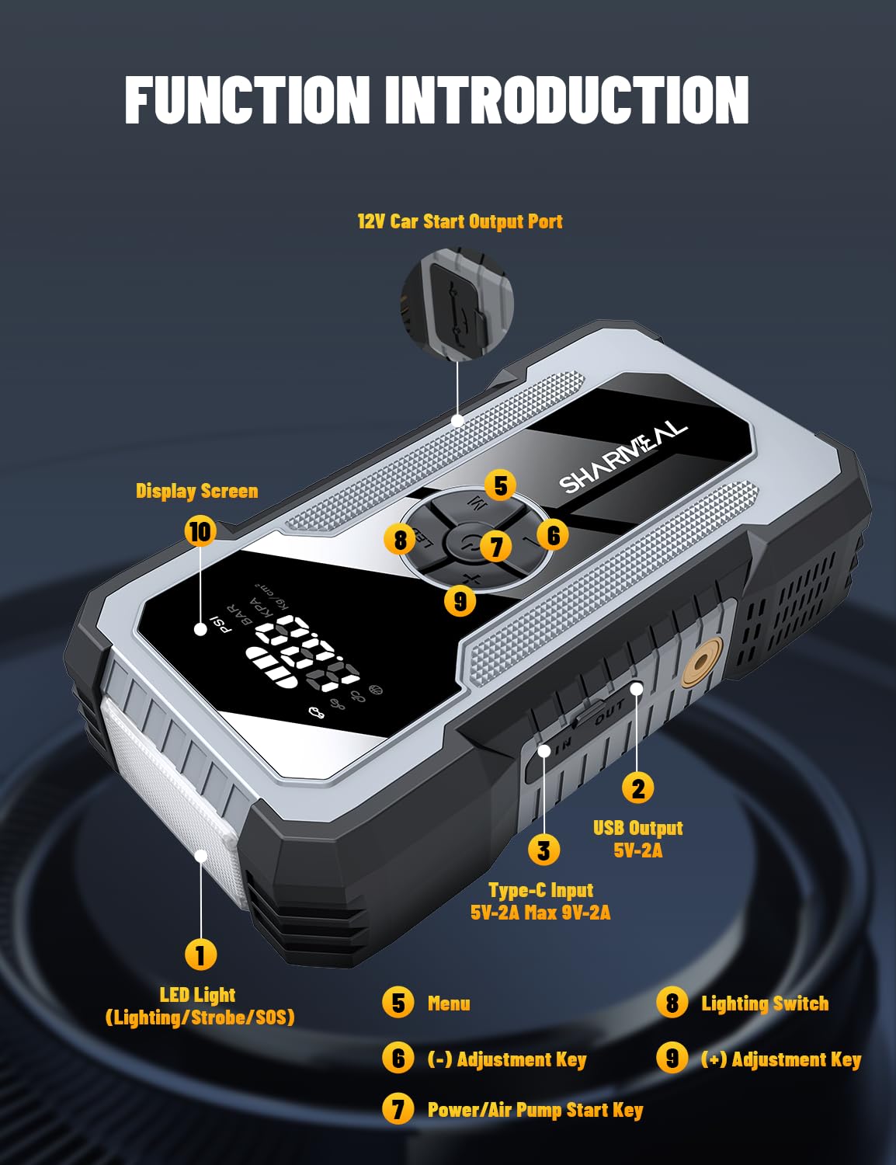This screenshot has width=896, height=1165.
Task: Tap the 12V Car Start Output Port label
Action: pyautogui.click(x=460, y=221)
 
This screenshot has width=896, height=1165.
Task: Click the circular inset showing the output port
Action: pyautogui.click(x=457, y=304)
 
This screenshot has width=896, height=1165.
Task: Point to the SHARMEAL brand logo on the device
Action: pyautogui.click(x=623, y=458)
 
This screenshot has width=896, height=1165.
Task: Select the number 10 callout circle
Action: pyautogui.click(x=200, y=531)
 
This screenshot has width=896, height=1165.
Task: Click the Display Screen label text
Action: pyautogui.click(x=196, y=491)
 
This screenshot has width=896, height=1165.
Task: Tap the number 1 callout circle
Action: pyautogui.click(x=200, y=955)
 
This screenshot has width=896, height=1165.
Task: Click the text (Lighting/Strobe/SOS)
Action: pyautogui.click(x=200, y=1017)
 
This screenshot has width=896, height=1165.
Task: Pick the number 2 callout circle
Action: pyautogui.click(x=637, y=788)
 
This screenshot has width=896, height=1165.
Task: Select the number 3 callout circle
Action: pyautogui.click(x=544, y=850)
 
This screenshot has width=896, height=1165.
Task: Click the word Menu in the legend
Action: pyautogui.click(x=449, y=1003)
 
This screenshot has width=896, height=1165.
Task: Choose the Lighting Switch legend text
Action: pyautogui.click(x=765, y=1003)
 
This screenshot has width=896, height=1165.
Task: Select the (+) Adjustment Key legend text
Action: pyautogui.click(x=781, y=1059)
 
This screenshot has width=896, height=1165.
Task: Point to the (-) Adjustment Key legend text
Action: pyautogui.click(x=507, y=1059)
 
